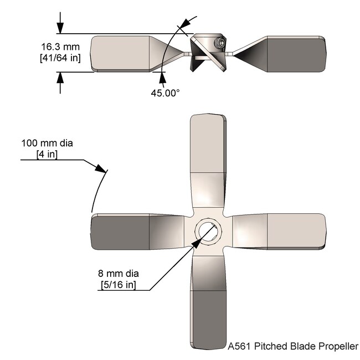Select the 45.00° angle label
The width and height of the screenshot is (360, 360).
tap(166, 93)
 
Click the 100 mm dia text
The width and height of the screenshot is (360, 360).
tap(47, 143)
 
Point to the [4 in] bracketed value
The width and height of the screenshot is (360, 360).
tap(47, 155)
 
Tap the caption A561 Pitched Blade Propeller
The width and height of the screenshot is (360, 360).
tap(294, 347)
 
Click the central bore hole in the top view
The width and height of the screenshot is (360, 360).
tap(208, 231)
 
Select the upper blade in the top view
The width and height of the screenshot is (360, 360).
tap(208, 150)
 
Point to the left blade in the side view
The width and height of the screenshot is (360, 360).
tap(125, 54)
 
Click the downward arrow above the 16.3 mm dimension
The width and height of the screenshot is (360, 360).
tap(60, 28)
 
